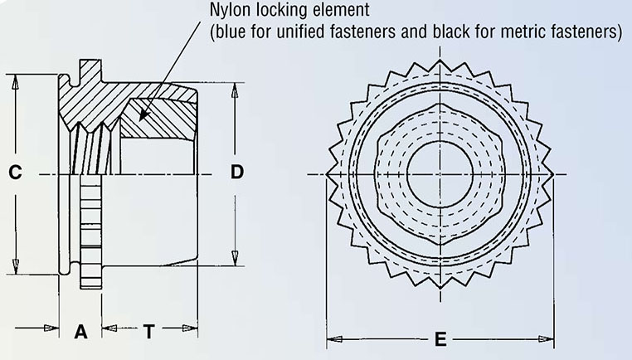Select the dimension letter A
[x=80, y=332]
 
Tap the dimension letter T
[x=148, y=332]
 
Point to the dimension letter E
[x=440, y=339]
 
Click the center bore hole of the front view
[x=440, y=173]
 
